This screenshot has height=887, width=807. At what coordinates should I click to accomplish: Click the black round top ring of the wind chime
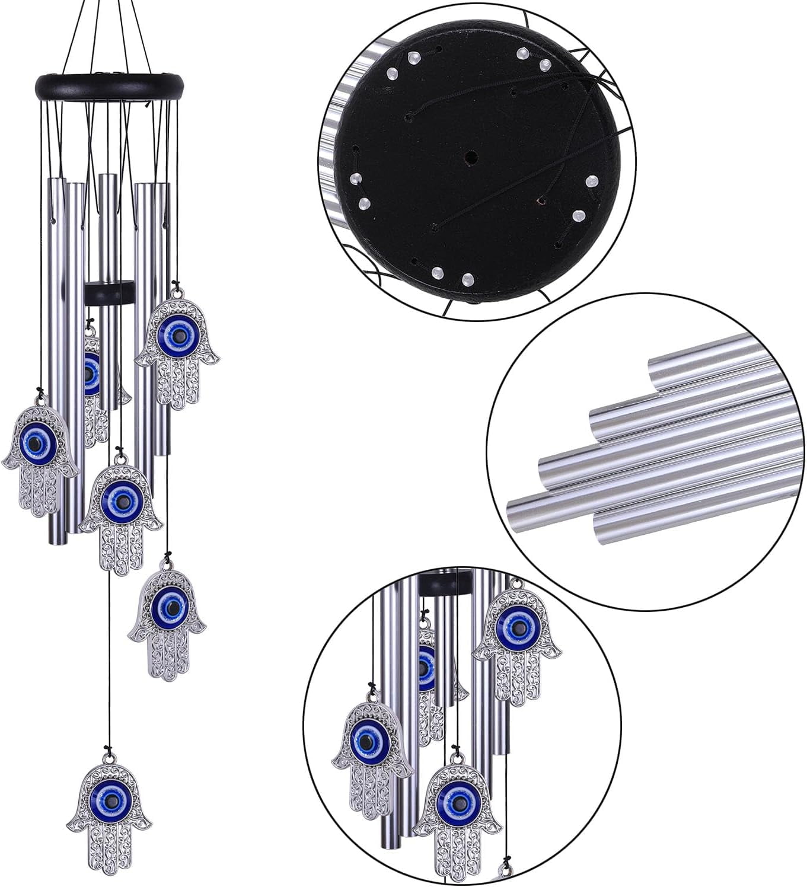110,87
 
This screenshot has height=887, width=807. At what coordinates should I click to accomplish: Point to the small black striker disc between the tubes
110,293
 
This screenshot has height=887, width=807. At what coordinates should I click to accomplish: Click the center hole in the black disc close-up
471,158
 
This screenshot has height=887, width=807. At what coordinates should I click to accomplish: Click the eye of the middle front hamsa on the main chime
122,501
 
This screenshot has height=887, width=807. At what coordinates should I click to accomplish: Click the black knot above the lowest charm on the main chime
108,751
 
